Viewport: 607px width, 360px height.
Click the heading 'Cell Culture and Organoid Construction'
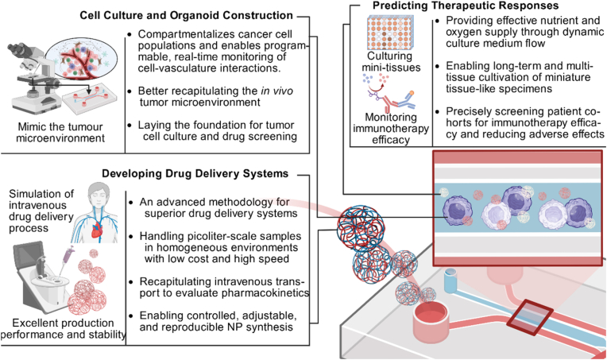186,15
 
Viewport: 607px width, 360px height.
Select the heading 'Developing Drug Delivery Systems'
195,173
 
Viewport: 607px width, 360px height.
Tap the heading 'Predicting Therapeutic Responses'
466,6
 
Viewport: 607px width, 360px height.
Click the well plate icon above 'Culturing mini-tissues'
389,33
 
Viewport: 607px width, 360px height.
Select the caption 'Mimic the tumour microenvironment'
60,133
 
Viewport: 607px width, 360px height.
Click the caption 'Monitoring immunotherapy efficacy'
391,128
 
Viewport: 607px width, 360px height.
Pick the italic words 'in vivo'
276,91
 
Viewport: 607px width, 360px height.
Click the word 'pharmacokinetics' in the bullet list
265,293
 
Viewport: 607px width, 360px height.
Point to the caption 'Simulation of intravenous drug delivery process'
41,211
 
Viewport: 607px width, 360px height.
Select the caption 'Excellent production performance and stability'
63,328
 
